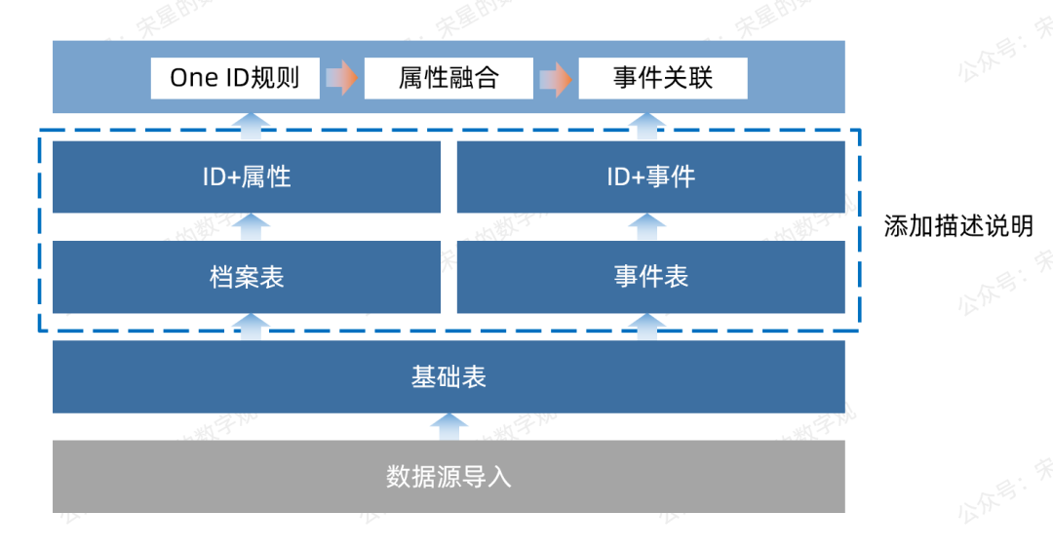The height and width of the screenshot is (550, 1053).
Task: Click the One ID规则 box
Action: point(235,78)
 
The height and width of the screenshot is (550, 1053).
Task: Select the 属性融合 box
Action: point(448,78)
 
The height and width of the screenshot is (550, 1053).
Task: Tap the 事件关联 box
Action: point(663,78)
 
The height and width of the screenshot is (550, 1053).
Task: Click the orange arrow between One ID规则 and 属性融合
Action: point(341,78)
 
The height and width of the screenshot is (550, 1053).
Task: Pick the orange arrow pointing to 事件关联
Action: point(556,78)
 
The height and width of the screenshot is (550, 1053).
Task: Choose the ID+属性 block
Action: point(247,177)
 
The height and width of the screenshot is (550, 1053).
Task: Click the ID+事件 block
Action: point(650,177)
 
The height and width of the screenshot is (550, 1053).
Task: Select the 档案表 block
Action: point(247,277)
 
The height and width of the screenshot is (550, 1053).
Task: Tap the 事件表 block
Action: point(650,277)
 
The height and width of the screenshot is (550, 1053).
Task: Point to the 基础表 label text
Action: point(448,377)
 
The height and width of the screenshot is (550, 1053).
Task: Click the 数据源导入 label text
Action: point(448,477)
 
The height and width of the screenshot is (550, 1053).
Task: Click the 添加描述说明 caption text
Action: point(957,226)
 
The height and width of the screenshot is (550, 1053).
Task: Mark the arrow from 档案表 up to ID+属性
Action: point(252,226)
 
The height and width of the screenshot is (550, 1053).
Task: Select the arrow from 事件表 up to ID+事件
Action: point(647,226)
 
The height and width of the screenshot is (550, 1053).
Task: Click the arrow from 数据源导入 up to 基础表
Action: point(448,426)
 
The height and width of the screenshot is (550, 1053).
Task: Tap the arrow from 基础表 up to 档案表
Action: point(252,327)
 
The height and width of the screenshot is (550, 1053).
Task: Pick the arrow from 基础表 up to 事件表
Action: point(647,327)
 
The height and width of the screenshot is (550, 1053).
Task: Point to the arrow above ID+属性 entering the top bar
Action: point(252,126)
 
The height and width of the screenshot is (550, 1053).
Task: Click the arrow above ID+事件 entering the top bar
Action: point(647,126)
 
